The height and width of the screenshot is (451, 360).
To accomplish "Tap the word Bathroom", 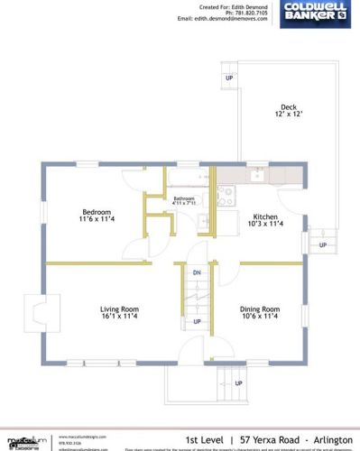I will click(x=184, y=198).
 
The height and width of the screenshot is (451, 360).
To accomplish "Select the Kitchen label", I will click(x=265, y=216).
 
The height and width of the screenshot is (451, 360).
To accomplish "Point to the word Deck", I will click(x=289, y=106).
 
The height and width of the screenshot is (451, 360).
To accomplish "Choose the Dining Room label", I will click(x=261, y=308).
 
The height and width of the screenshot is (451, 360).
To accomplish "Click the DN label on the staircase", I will click(x=196, y=272).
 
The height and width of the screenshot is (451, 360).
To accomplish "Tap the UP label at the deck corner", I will click(x=229, y=78).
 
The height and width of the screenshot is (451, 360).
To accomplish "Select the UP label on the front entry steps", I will click(x=238, y=382).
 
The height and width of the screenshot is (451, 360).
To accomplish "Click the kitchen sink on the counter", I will click(x=257, y=175).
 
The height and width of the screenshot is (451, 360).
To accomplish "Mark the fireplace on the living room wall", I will click(x=37, y=314).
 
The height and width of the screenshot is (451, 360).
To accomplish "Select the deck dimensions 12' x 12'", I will click(x=289, y=115).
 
